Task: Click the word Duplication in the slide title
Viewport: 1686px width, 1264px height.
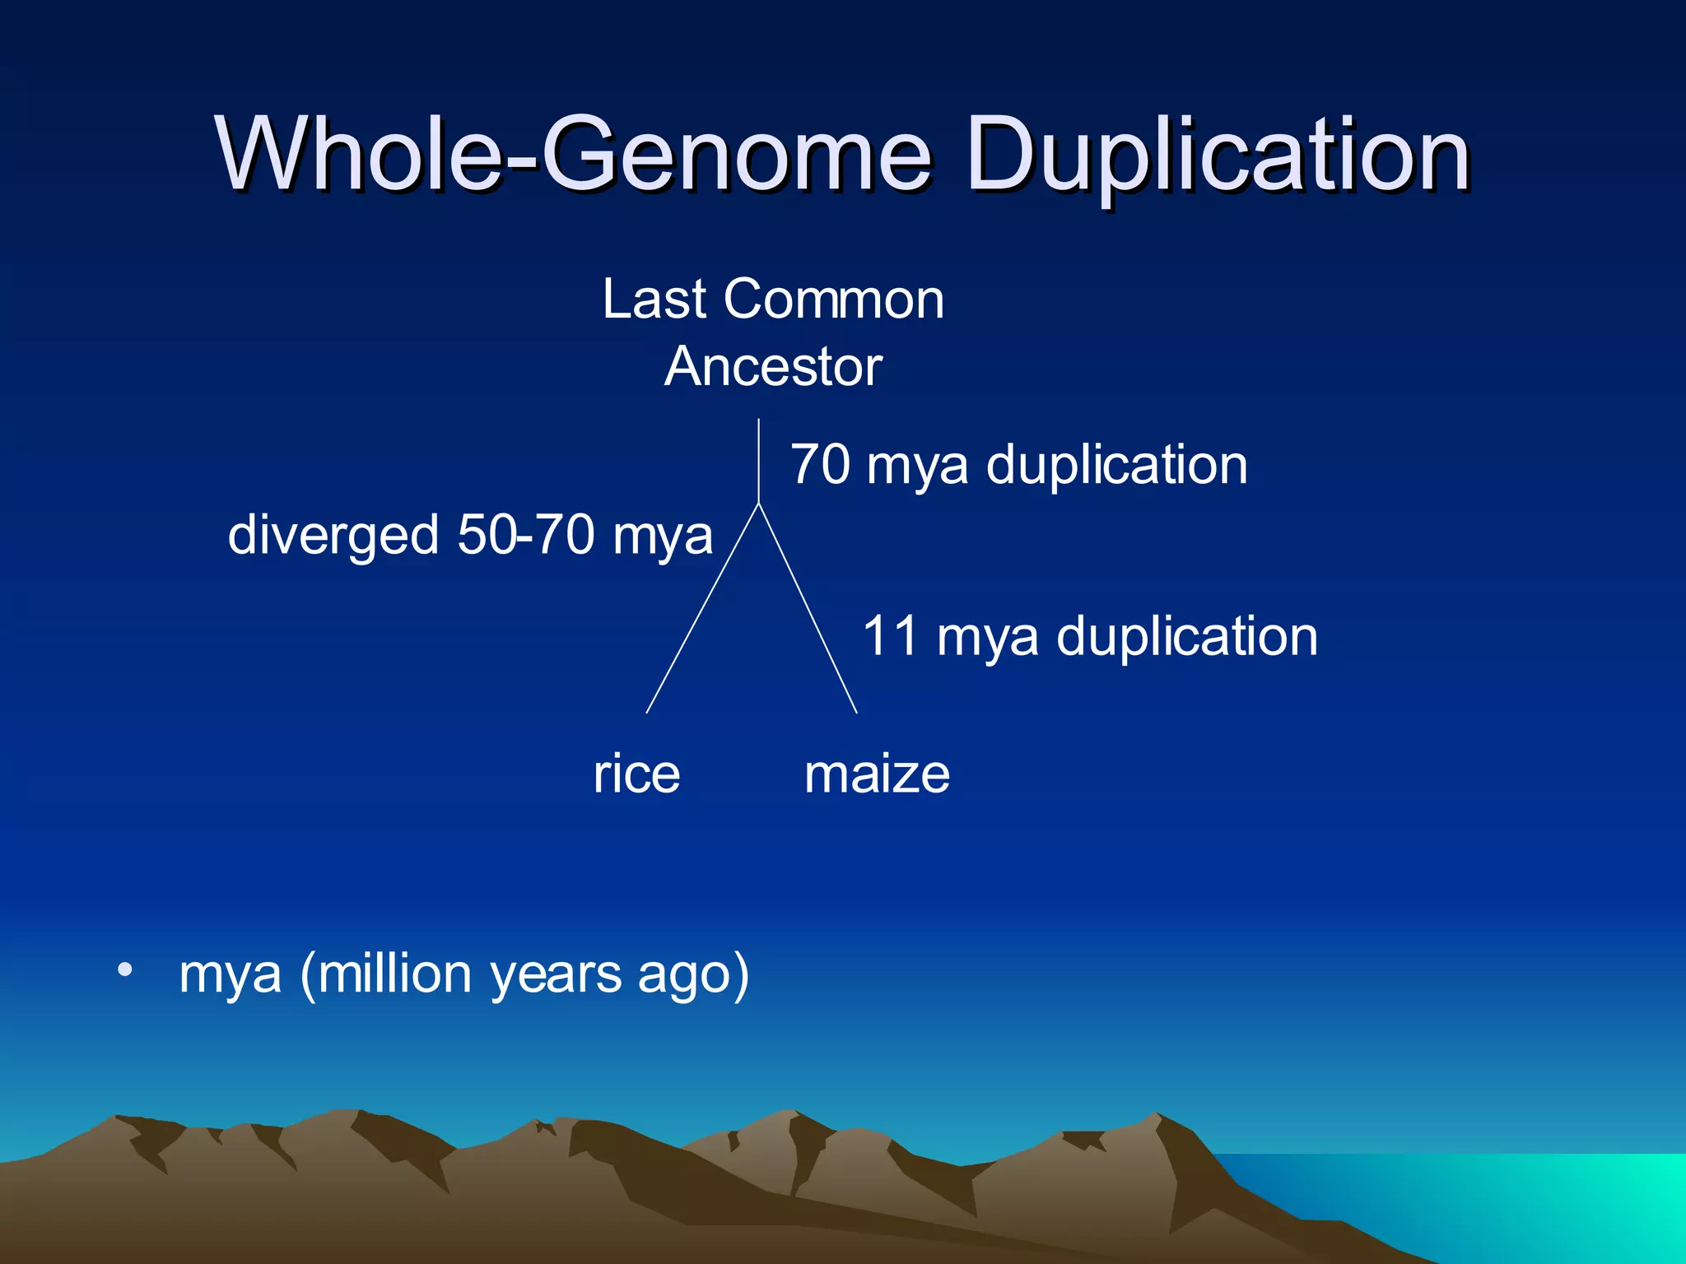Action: (1218, 156)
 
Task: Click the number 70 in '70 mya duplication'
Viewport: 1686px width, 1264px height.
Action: (820, 465)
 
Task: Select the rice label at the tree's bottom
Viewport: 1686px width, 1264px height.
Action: (636, 774)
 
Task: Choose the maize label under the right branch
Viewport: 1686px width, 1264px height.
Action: (877, 774)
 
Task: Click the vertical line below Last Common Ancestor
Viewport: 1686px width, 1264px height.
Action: (758, 461)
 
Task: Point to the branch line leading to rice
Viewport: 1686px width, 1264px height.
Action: (702, 609)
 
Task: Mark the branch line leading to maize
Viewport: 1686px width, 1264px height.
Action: (808, 609)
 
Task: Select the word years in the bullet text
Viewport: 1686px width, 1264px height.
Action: (556, 975)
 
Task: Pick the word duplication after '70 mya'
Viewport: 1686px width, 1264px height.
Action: (1116, 465)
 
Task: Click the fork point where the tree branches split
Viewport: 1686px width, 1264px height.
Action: (758, 503)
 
